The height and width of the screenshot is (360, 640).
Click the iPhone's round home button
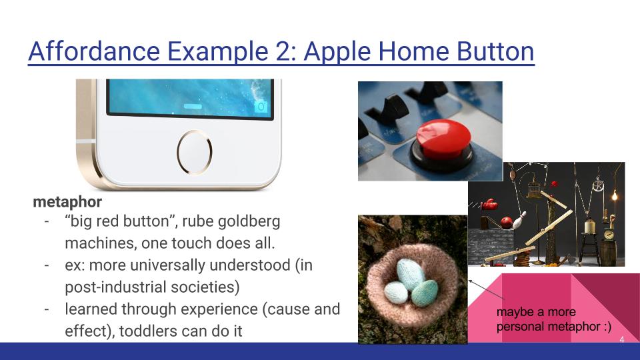click(194, 150)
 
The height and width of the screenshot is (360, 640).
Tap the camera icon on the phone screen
click(261, 106)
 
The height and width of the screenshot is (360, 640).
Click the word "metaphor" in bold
click(67, 201)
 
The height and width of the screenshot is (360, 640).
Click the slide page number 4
click(621, 339)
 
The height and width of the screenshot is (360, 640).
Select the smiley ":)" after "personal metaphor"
click(606, 327)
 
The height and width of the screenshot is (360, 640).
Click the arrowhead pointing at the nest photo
click(471, 283)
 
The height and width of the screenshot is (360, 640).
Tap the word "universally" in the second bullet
click(173, 265)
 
